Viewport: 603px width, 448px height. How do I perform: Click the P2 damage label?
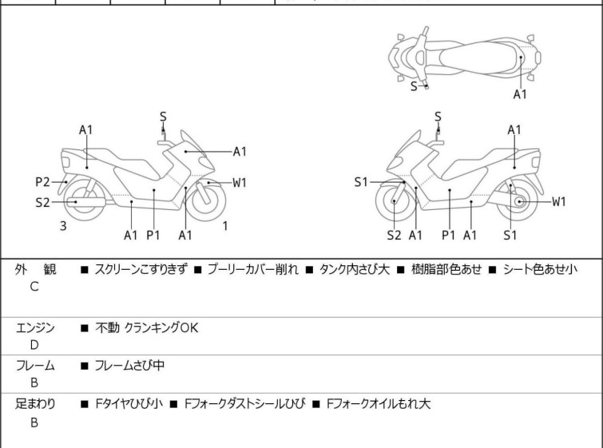click(x=42, y=181)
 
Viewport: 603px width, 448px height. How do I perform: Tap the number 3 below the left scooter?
click(x=63, y=226)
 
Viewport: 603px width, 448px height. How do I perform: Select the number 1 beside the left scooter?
click(x=225, y=226)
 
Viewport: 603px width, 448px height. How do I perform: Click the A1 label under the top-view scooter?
click(x=520, y=94)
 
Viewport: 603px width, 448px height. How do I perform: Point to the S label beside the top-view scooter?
click(x=414, y=86)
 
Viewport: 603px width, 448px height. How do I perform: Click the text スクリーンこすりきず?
click(x=141, y=270)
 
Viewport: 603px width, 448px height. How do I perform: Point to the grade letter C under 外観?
click(x=34, y=287)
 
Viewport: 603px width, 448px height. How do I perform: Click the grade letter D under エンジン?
click(x=34, y=344)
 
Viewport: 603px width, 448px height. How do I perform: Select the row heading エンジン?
click(x=35, y=327)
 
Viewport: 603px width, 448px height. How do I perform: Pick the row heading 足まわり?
click(x=35, y=404)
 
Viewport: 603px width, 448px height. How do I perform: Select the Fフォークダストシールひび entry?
click(x=244, y=404)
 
